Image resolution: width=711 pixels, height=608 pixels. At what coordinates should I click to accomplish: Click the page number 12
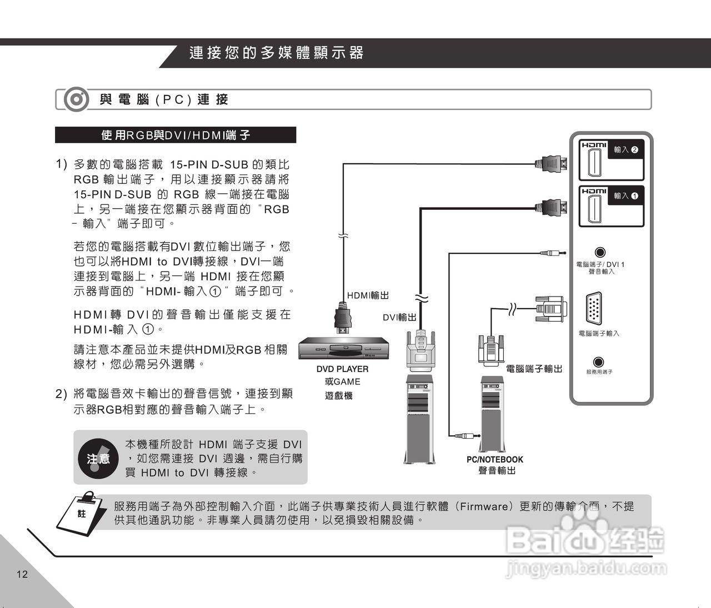coord(22,574)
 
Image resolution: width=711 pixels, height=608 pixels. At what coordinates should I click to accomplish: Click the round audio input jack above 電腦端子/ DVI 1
coord(600,253)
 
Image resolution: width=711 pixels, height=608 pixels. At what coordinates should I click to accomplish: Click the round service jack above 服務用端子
coord(599,363)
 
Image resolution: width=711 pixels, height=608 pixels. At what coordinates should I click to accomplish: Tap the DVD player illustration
coord(343,349)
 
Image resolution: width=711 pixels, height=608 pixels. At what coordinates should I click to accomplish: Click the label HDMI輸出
coord(368,295)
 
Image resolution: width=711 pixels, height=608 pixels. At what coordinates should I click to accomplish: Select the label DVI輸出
coord(399,317)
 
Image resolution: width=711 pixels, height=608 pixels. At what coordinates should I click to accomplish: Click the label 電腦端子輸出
coord(534,368)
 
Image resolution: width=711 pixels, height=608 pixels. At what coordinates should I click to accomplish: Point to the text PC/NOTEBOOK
coord(494,459)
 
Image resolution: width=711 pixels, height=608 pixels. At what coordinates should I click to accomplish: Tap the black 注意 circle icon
coord(99,458)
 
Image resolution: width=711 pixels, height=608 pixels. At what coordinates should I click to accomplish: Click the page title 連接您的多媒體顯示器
coord(276,53)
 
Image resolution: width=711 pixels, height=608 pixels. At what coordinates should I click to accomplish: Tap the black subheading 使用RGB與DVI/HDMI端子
coord(176,135)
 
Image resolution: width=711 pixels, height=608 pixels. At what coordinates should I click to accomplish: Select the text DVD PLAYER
coord(342,369)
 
